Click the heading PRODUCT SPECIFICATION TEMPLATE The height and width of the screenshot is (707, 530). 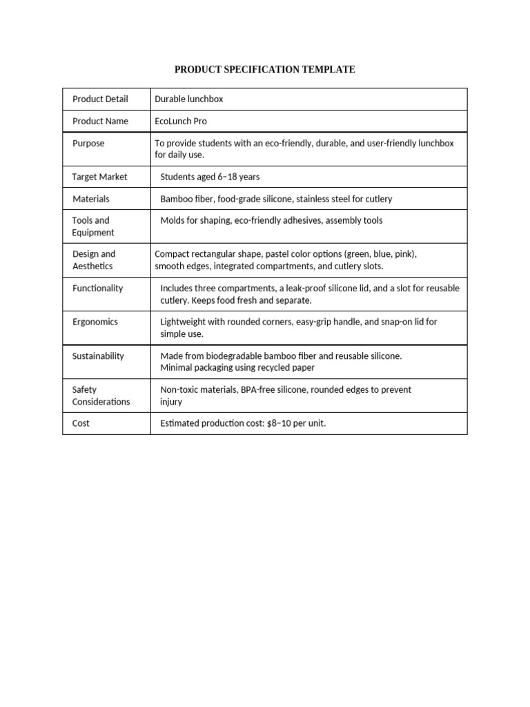264,69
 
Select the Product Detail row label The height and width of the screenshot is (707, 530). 100,99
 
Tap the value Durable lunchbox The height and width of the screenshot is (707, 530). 188,99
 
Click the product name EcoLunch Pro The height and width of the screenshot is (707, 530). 180,121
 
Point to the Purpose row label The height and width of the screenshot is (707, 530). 88,143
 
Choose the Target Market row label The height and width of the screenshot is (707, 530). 99,177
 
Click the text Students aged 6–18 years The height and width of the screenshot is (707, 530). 210,177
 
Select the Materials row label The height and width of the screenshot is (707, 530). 91,199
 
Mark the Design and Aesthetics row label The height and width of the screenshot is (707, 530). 93,260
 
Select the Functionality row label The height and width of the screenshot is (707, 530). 97,288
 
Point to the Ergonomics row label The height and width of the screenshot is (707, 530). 95,322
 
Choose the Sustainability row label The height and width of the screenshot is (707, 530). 98,356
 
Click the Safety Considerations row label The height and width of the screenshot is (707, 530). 101,396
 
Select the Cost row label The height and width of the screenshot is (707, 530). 81,423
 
